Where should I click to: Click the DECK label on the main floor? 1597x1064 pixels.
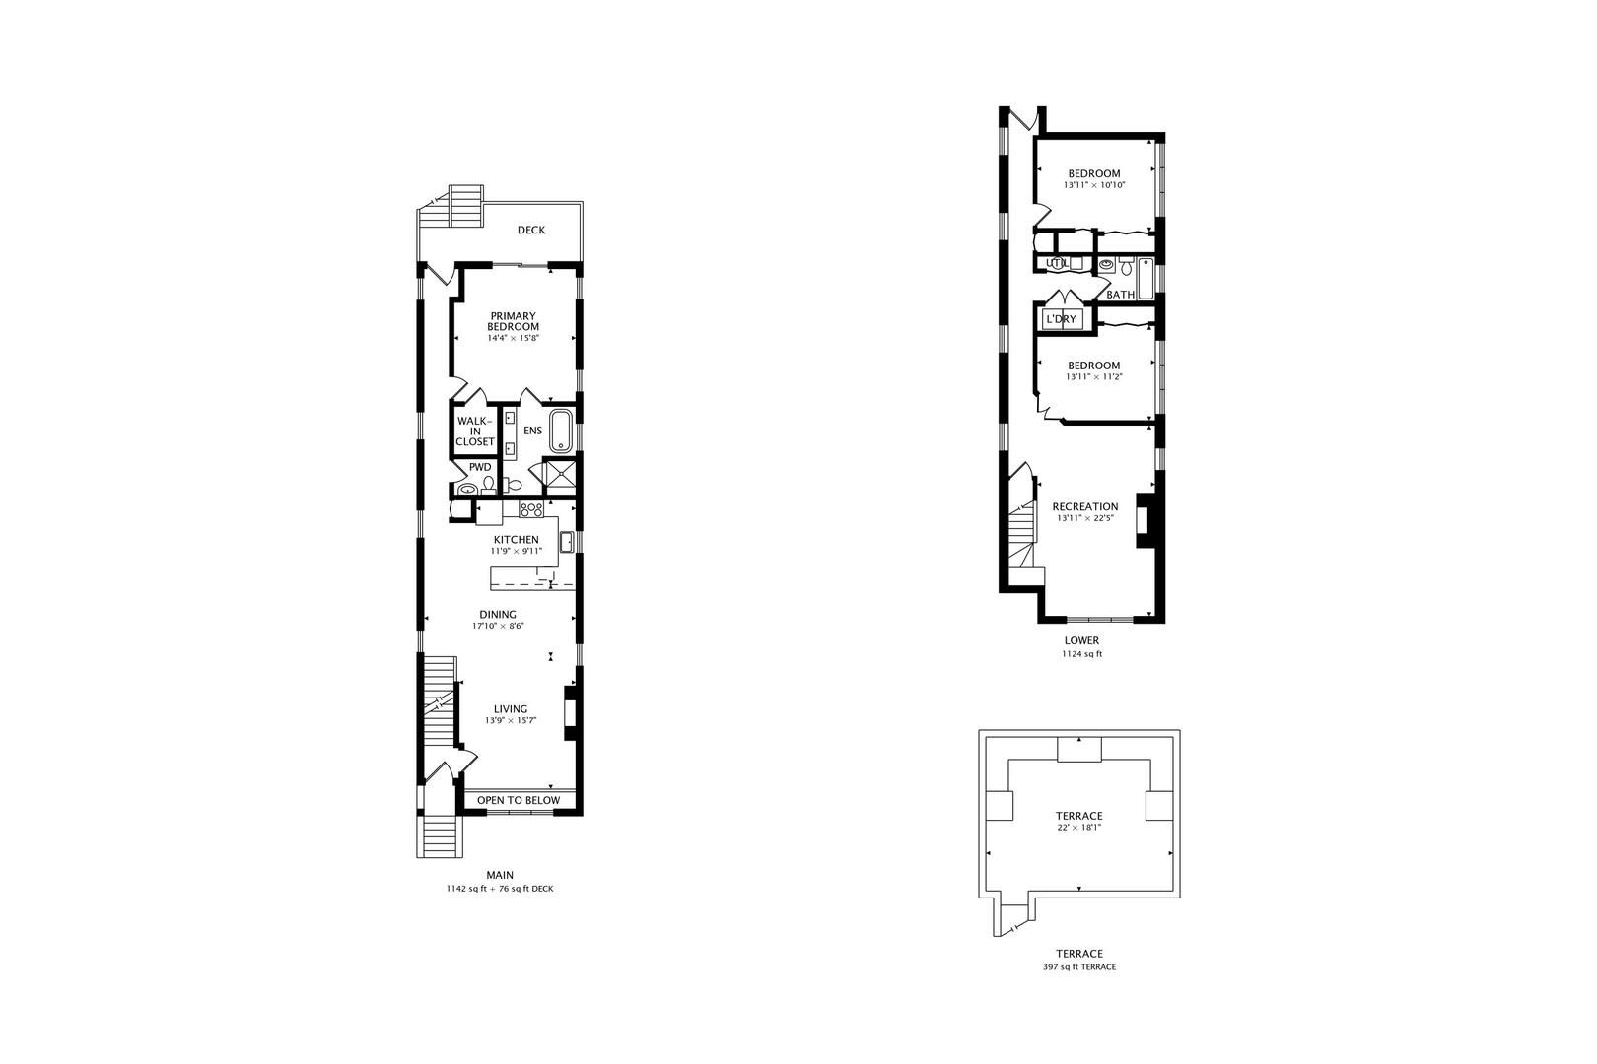pos(531,230)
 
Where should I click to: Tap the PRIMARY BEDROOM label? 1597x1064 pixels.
pos(514,321)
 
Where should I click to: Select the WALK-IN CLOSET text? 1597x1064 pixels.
pos(475,432)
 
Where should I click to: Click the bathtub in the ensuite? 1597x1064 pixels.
pos(560,431)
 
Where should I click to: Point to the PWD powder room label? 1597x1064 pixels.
pos(480,468)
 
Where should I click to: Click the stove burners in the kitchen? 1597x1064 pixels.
pos(531,509)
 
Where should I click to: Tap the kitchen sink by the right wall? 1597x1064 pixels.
pos(568,542)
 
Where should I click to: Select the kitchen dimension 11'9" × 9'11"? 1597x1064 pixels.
pos(517,551)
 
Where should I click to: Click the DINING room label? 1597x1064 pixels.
pos(498,615)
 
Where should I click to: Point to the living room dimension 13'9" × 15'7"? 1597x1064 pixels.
pos(511,720)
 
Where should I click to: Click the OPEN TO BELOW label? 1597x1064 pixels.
pos(519,800)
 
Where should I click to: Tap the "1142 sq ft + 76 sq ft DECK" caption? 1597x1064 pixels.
pos(500,889)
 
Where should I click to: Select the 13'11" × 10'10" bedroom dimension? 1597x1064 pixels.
pos(1093,184)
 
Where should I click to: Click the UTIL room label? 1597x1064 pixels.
pos(1058,263)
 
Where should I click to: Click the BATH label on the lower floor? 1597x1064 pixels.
pos(1121,295)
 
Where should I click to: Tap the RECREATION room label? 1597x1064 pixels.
pos(1085,506)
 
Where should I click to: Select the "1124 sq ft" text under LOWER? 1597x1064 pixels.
pos(1081,653)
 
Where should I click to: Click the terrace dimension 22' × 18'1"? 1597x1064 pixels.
pos(1078,828)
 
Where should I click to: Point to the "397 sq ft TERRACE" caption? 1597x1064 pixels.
pos(1078,967)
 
